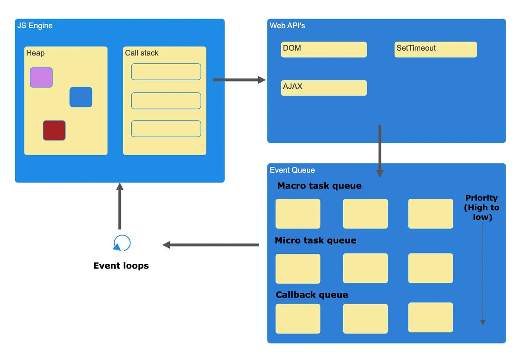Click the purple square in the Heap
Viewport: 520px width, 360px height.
[x=41, y=78]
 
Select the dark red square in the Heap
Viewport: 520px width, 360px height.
[x=54, y=130]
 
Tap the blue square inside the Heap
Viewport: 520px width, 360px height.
[x=81, y=97]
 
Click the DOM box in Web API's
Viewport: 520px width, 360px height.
[x=324, y=49]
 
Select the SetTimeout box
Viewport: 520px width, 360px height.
[x=435, y=49]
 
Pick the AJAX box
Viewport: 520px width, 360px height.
[x=324, y=88]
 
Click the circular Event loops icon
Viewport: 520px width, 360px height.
[x=121, y=243]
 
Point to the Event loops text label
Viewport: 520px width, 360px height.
[x=121, y=266]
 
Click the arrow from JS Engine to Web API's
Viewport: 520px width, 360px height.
[x=238, y=80]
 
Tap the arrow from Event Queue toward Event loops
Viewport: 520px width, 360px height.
[x=211, y=245]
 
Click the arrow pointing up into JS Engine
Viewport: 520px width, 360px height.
[x=120, y=206]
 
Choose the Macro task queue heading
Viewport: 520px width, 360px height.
[x=319, y=186]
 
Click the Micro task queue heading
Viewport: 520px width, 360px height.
[x=315, y=240]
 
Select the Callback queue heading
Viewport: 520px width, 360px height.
[x=312, y=295]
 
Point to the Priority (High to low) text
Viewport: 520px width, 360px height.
[x=481, y=208]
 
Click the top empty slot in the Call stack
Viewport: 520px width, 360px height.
[x=166, y=72]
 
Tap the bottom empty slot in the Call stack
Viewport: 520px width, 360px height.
[x=166, y=129]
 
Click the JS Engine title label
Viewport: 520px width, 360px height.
[x=35, y=26]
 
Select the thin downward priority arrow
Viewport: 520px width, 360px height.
[x=482, y=273]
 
